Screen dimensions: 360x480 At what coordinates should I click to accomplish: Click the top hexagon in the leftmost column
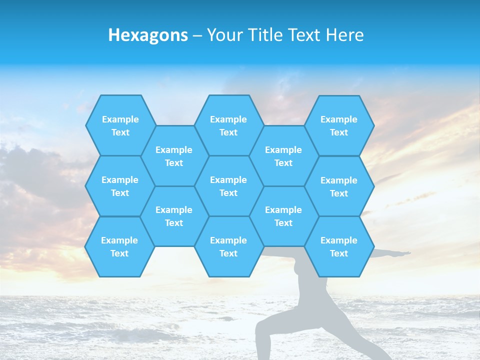click(120, 125)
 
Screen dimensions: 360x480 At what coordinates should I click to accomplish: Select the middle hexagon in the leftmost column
click(120, 186)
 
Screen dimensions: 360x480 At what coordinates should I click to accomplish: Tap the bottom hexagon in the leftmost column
click(119, 246)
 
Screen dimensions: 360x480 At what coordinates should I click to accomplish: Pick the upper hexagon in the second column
click(174, 156)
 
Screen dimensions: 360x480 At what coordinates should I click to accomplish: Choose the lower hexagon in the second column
click(174, 216)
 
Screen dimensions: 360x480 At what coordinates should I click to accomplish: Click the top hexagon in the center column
click(228, 125)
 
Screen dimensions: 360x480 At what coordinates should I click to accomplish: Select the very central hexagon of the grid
click(228, 186)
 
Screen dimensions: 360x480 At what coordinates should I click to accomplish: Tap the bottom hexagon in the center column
click(228, 246)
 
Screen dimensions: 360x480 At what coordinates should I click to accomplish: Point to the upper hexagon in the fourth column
click(283, 156)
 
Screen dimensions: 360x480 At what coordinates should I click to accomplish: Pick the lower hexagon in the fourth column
click(283, 216)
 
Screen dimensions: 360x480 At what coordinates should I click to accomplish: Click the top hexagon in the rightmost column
click(339, 125)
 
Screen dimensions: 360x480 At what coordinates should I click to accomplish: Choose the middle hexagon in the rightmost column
click(339, 186)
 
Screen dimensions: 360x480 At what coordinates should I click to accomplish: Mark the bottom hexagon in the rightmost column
click(339, 246)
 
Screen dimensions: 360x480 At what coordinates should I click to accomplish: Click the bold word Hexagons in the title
click(148, 35)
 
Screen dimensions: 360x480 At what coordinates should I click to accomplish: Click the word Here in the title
click(344, 35)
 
